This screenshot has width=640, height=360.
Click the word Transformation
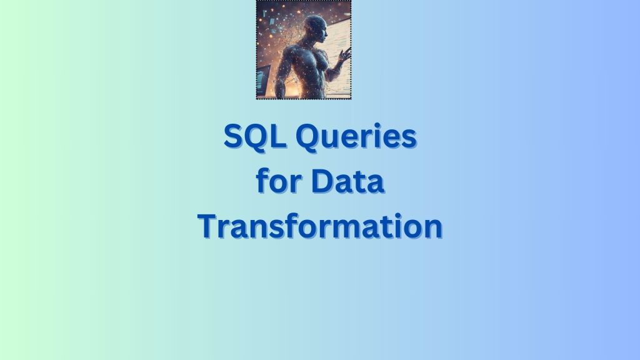(320, 226)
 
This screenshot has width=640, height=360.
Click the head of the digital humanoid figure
(312, 29)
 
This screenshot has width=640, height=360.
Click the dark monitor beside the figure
(262, 82)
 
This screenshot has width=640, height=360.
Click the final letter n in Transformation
(432, 227)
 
